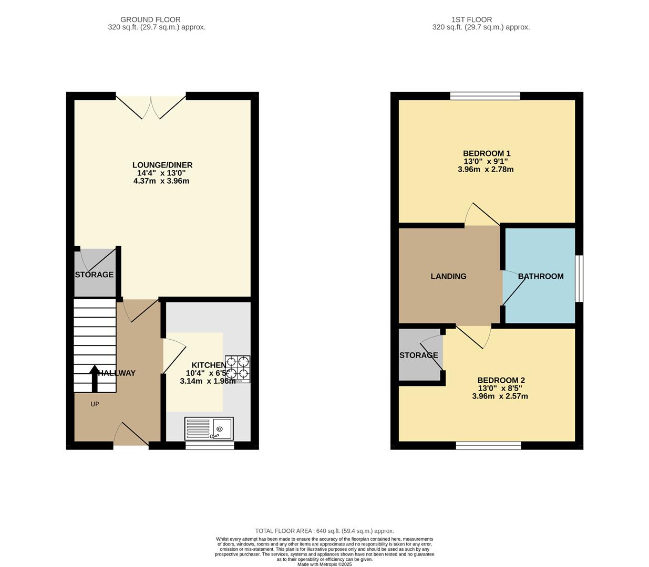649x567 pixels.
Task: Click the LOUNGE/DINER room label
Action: pos(162,165)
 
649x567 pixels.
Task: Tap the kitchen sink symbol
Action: pos(209,428)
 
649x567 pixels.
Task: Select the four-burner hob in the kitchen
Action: pos(238,369)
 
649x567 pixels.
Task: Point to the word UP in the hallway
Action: pos(95,404)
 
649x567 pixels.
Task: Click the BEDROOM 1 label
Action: pos(487,153)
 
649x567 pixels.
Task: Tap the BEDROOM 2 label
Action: pos(501,380)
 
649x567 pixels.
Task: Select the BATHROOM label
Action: pos(541,276)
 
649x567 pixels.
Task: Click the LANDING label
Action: pos(448,276)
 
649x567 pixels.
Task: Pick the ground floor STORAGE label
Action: pos(94,275)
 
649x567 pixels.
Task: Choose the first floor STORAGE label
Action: pos(418,355)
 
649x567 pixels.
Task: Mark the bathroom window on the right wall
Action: pos(579,279)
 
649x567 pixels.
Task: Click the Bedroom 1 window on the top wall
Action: pos(485,96)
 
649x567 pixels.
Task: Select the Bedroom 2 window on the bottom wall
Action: pos(488,446)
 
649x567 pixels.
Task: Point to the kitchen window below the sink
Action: pos(210,446)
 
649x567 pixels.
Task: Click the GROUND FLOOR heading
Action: pos(150,19)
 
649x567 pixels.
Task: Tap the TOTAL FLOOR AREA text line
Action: pos(324,531)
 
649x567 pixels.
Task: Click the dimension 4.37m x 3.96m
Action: pos(162,181)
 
